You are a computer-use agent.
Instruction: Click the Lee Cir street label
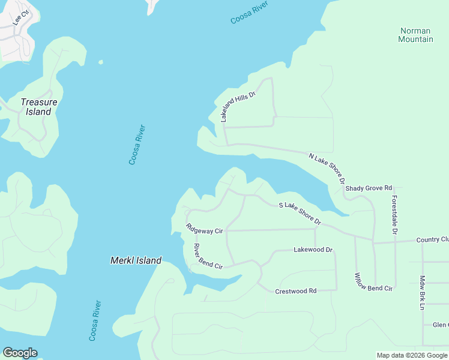[21, 17]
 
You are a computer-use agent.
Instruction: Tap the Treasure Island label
[39, 107]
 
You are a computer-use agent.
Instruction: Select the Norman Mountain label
[415, 35]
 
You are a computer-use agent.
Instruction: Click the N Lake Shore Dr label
[327, 168]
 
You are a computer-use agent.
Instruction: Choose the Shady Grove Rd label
[369, 188]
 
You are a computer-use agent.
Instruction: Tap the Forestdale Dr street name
[394, 215]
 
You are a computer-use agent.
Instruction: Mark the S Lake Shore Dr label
[300, 214]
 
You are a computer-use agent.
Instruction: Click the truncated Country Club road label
[432, 239]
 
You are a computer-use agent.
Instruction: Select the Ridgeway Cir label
[204, 229]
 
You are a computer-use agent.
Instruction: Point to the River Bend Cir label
[208, 257]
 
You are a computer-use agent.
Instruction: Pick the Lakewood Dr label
[313, 249]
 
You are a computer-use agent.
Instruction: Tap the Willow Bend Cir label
[373, 282]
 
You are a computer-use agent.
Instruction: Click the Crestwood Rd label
[295, 291]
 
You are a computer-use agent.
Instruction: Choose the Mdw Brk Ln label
[423, 292]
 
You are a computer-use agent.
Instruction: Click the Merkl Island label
[136, 260]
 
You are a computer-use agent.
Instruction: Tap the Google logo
[20, 353]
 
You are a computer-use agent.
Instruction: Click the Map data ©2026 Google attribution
[412, 355]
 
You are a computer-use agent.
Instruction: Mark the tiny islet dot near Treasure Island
[101, 62]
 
